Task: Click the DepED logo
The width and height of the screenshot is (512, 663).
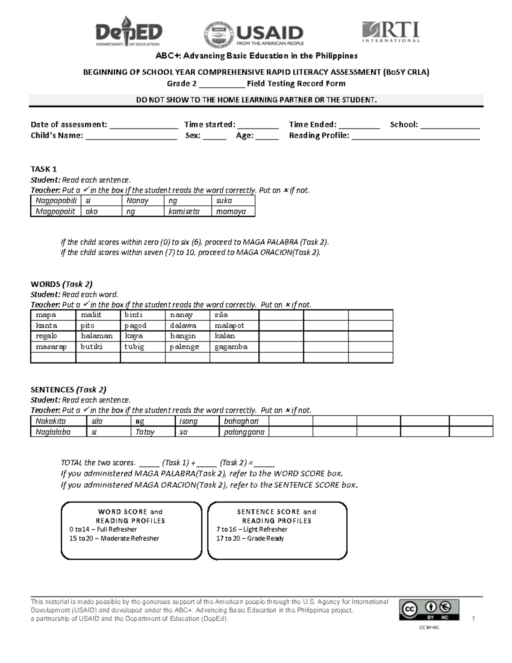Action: click(128, 31)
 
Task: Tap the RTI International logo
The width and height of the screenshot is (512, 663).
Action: click(391, 32)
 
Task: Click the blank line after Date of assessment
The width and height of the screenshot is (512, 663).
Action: click(144, 126)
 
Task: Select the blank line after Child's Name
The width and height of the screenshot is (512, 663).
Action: click(131, 137)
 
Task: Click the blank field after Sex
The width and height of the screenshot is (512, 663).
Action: click(215, 137)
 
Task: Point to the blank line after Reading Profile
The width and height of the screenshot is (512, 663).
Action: click(416, 137)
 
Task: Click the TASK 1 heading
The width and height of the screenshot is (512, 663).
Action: click(44, 169)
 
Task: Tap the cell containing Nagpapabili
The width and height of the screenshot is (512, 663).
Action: click(56, 201)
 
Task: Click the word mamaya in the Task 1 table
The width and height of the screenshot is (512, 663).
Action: click(231, 211)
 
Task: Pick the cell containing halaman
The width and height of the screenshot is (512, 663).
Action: click(97, 336)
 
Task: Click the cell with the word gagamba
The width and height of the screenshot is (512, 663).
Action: click(231, 347)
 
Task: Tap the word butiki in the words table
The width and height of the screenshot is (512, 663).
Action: click(92, 347)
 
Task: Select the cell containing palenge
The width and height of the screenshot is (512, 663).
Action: click(184, 347)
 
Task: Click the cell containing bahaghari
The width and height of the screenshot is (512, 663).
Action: click(241, 421)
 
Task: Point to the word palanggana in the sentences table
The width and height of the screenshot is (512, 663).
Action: click(244, 432)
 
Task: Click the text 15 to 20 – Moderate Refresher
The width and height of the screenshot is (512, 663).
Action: click(114, 538)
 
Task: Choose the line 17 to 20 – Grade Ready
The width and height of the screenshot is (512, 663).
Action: click(250, 538)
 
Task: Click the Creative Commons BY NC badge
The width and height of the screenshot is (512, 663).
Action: click(429, 610)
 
